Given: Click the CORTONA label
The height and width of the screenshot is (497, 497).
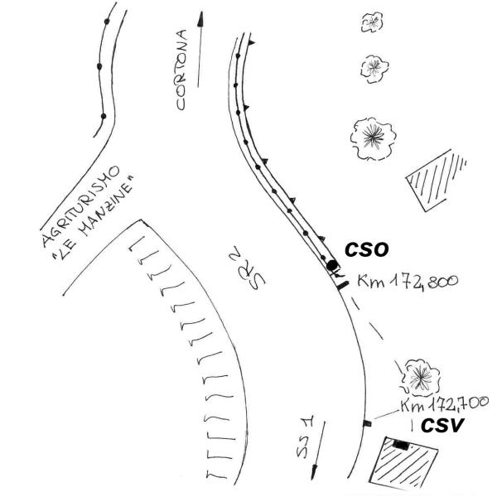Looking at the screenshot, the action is (x=181, y=70).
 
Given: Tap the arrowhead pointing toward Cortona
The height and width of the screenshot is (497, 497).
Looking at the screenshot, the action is (x=200, y=19).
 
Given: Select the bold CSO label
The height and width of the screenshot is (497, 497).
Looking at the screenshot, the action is (x=366, y=250).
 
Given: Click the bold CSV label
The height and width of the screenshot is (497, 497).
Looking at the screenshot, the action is (x=442, y=426).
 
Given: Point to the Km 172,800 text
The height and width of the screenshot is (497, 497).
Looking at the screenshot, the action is (x=408, y=282).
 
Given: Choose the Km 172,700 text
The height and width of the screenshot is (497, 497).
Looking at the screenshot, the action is (x=444, y=404).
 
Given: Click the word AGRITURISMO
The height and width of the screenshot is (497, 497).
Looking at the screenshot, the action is (x=81, y=206).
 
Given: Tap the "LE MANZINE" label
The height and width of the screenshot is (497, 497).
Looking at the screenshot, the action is (x=93, y=219).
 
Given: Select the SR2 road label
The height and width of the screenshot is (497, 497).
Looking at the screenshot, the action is (x=248, y=268).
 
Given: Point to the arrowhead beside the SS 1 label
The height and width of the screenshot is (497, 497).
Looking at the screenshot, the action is (x=314, y=473).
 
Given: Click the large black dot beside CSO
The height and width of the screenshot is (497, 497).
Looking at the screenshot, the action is (x=332, y=265).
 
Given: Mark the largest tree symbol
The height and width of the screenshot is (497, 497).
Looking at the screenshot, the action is (x=373, y=138).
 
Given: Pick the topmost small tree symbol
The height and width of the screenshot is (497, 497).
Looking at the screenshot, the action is (x=372, y=22).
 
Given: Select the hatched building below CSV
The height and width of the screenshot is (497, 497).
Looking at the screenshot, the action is (x=404, y=463).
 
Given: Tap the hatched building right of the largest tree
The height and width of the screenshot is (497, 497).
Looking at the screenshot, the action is (x=436, y=180).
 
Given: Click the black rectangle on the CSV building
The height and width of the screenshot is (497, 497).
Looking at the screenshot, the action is (x=401, y=445).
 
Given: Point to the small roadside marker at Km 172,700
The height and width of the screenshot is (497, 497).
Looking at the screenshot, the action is (x=367, y=422).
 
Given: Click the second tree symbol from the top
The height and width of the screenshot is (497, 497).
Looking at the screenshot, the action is (x=374, y=69).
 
